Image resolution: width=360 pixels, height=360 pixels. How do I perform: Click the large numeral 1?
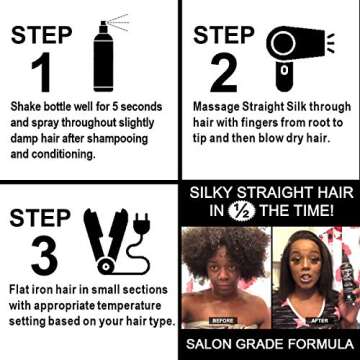39,73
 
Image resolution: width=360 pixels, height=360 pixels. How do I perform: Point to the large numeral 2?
225,73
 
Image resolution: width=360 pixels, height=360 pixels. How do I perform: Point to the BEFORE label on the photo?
223,321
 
